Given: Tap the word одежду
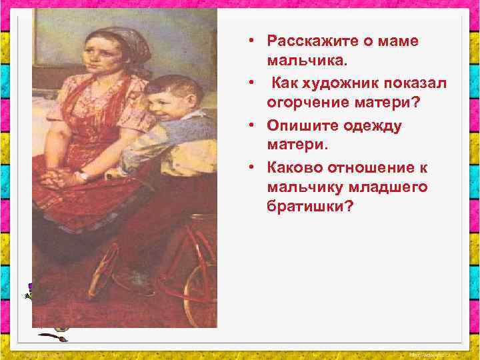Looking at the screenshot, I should point(369,125).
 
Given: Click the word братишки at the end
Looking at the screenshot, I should point(309,209).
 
